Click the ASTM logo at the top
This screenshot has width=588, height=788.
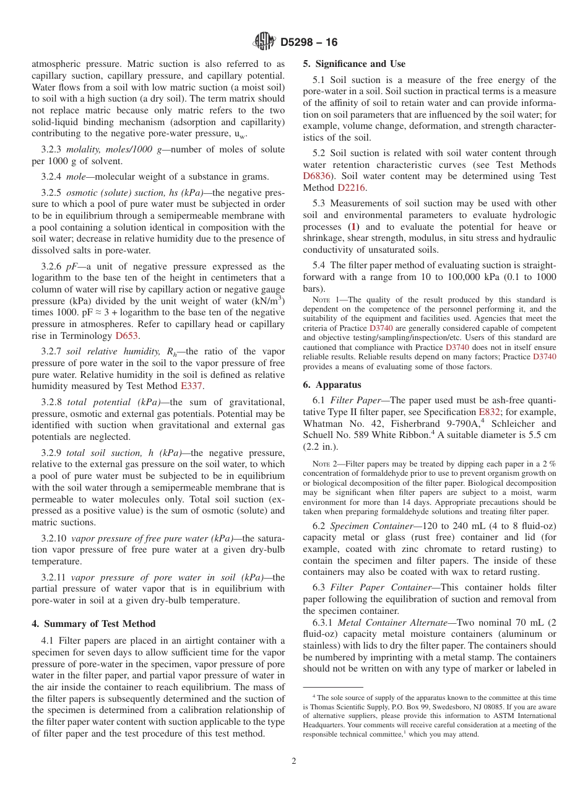pos(264,42)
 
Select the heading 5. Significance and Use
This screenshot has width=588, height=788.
pos(354,64)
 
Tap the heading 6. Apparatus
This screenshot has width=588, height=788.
pos(332,384)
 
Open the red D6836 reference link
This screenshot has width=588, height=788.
pos(316,176)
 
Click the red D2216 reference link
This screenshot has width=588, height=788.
pos(351,188)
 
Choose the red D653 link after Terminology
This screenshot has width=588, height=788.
pos(127,336)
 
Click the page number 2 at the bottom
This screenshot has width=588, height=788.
pos(294,761)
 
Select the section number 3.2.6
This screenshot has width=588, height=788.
pos(53,266)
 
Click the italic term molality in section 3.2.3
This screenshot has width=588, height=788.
pos(85,149)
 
